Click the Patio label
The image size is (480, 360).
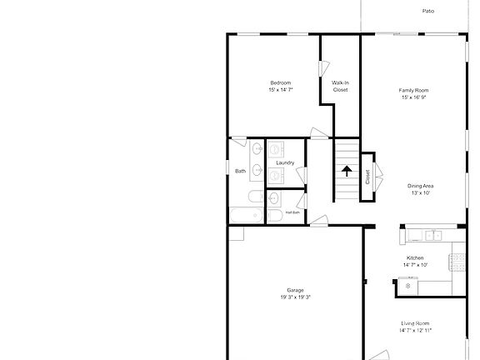pyautogui.click(x=428, y=11)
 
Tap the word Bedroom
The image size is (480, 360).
pyautogui.click(x=280, y=82)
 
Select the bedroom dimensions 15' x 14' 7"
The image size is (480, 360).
pyautogui.click(x=281, y=90)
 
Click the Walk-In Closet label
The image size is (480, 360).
pyautogui.click(x=340, y=87)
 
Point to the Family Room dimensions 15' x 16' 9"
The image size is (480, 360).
pyautogui.click(x=414, y=97)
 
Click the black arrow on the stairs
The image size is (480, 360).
pyautogui.click(x=347, y=171)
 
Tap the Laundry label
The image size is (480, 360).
pyautogui.click(x=285, y=162)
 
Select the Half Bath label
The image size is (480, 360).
pyautogui.click(x=292, y=212)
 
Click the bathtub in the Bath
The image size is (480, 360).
pyautogui.click(x=247, y=215)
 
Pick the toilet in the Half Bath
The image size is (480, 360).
pyautogui.click(x=275, y=216)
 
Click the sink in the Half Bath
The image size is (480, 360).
pyautogui.click(x=273, y=197)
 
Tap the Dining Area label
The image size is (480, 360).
pyautogui.click(x=420, y=186)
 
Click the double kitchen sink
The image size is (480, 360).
pyautogui.click(x=434, y=235)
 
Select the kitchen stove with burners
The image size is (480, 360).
pyautogui.click(x=457, y=262)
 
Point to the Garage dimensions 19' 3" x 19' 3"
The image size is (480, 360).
pyautogui.click(x=295, y=297)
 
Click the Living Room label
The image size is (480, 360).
pyautogui.click(x=415, y=323)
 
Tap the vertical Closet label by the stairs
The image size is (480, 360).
pyautogui.click(x=367, y=177)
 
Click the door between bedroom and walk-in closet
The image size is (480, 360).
pyautogui.click(x=323, y=68)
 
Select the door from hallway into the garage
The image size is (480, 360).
pyautogui.click(x=318, y=221)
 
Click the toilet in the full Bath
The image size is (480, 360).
pyautogui.click(x=256, y=197)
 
